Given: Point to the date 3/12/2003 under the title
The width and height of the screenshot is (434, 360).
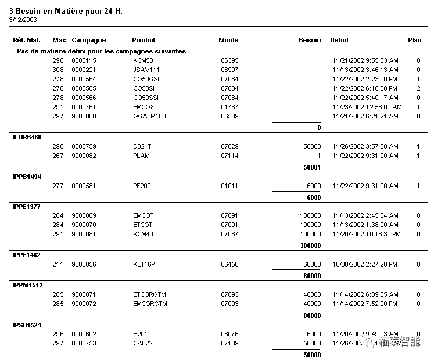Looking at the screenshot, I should [x=23, y=20].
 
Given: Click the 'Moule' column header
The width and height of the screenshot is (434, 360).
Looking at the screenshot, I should [x=228, y=40].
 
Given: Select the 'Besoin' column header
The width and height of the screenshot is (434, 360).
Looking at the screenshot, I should [x=310, y=40].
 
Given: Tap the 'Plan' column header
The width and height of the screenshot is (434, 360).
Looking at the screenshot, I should [x=414, y=40].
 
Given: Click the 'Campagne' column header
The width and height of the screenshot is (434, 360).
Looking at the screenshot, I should [x=89, y=40].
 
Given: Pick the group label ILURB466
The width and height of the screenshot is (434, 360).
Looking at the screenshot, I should [x=27, y=137].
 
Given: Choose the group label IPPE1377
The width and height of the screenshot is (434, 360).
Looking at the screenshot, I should [x=27, y=207].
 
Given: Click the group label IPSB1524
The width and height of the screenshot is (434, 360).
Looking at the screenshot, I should [x=27, y=325].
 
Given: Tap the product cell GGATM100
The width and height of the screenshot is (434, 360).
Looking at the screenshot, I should [x=149, y=116].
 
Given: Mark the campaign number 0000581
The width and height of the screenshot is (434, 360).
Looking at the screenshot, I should [x=84, y=186].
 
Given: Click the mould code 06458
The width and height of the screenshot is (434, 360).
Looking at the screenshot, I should [x=229, y=264].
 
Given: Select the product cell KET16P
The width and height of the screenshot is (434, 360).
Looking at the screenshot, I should [x=144, y=264].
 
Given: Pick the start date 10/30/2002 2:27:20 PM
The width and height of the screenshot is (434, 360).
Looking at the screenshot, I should [x=365, y=264].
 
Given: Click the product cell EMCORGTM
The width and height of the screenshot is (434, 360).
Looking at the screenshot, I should [x=150, y=304].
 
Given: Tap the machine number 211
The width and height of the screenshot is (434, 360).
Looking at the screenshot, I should [x=58, y=264].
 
